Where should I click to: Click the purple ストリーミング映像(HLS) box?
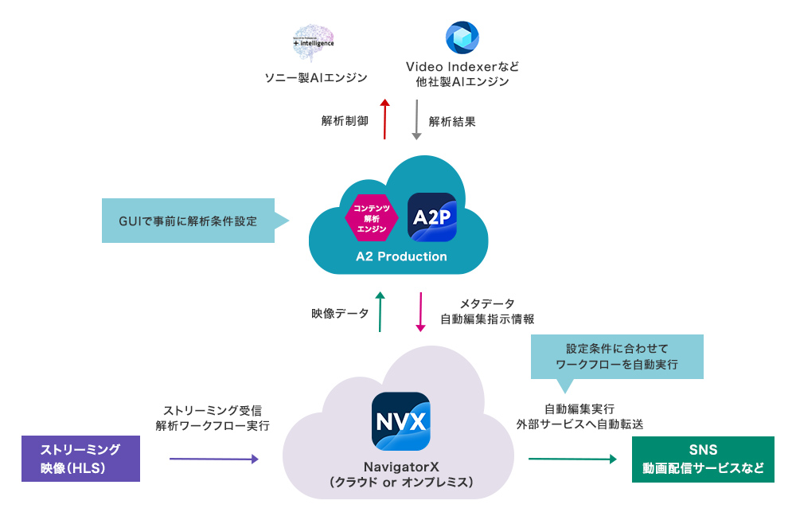click(80, 459)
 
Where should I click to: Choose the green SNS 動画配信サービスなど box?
click(703, 459)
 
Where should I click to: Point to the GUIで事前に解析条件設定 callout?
click(189, 221)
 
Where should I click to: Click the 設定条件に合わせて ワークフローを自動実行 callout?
click(618, 356)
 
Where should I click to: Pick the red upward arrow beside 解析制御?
click(385, 119)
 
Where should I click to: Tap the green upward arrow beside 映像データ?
click(380, 312)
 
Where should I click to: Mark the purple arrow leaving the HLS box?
click(213, 459)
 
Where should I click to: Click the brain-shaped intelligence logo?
click(314, 43)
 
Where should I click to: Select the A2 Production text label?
click(401, 256)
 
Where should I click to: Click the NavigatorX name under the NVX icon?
click(401, 467)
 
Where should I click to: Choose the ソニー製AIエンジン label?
click(316, 78)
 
